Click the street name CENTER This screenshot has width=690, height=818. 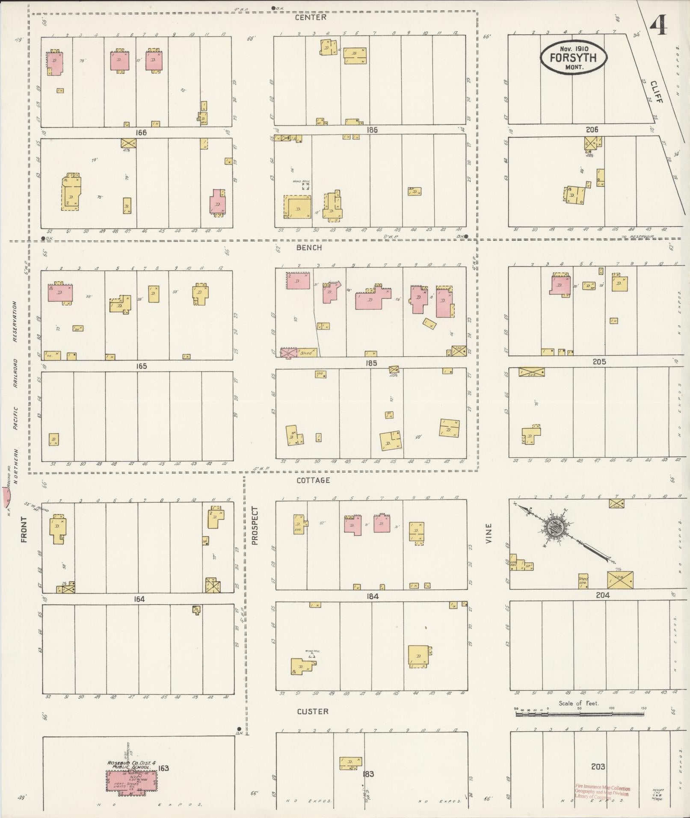point(311,17)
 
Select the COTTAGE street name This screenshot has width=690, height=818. point(313,480)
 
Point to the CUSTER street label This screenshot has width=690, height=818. point(313,711)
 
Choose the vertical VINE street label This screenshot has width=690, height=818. point(489,533)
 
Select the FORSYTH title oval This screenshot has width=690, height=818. point(573,58)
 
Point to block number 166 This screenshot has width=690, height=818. point(141,133)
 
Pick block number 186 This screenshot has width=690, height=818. point(372,130)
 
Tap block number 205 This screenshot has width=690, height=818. point(599,362)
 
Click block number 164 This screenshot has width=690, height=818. point(139,599)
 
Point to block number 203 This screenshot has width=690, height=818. point(598,766)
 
